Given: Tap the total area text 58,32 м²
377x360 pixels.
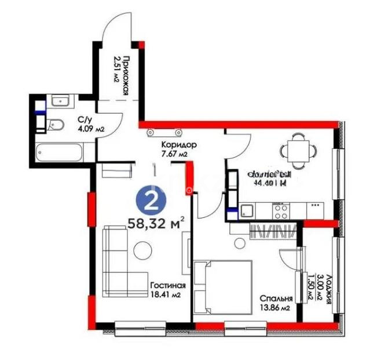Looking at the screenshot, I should point(156,222).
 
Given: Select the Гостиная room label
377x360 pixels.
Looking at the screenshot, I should point(167,285).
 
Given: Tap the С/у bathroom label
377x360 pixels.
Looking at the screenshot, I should point(85,121).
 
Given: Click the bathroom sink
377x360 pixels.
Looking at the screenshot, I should point(60,102).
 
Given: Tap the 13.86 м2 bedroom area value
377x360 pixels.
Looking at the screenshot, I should point(276,308).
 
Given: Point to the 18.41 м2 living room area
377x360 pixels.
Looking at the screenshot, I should point(167,294).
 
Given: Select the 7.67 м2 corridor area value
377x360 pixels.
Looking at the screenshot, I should point(174,154).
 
